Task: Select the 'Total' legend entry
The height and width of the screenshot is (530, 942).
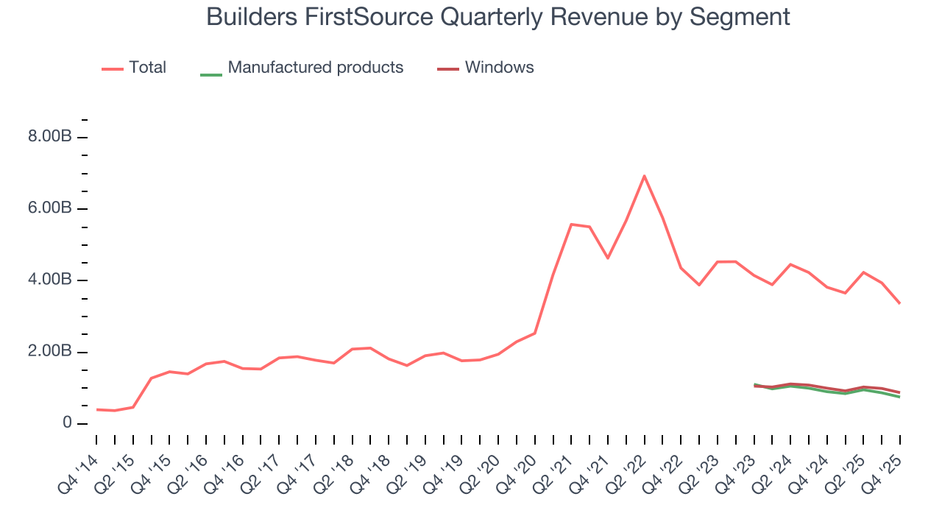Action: (x=147, y=68)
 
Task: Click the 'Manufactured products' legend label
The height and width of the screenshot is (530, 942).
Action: (x=315, y=68)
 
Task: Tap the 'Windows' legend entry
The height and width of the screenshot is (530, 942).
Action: (x=499, y=68)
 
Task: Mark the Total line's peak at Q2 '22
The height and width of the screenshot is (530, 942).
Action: (x=644, y=176)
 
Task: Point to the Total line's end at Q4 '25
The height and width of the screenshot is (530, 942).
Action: (x=899, y=303)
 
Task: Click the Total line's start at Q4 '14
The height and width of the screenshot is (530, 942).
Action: (x=96, y=409)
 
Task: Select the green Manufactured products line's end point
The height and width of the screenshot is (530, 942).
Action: (x=899, y=397)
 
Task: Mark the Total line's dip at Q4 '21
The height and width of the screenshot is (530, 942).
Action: (x=608, y=258)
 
